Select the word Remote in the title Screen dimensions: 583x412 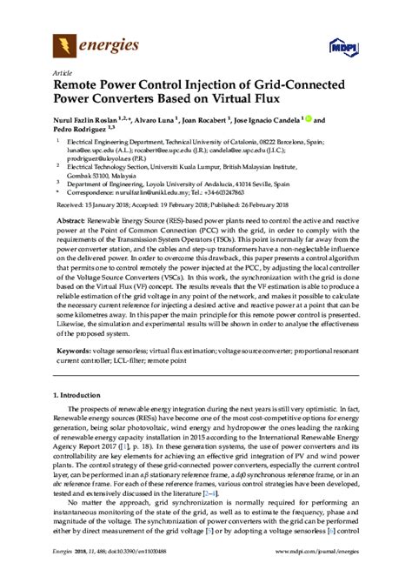pos(80,87)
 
